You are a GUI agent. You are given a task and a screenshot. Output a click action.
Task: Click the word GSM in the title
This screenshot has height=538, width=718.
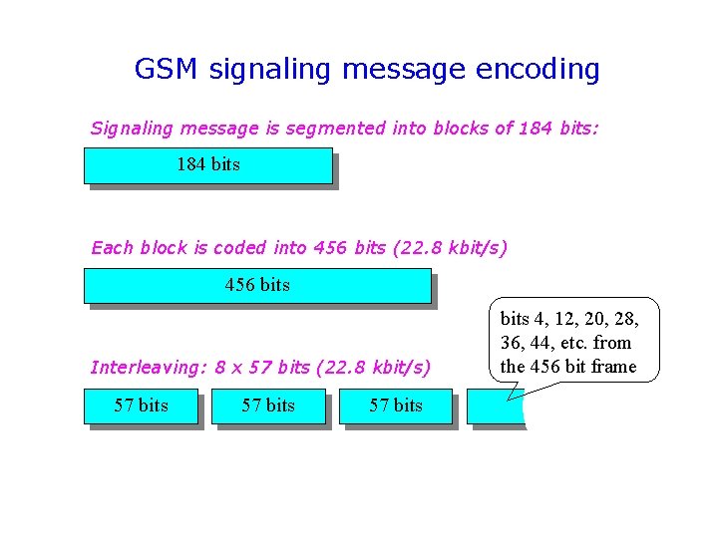tap(167, 69)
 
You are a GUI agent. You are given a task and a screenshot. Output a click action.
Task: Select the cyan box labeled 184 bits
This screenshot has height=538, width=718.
tap(207, 165)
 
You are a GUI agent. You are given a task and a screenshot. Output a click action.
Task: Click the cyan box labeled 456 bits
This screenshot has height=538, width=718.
tap(257, 285)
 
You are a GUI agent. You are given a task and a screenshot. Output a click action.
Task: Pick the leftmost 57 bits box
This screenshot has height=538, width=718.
tap(141, 406)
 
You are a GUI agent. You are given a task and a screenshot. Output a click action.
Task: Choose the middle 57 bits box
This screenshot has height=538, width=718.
tap(268, 406)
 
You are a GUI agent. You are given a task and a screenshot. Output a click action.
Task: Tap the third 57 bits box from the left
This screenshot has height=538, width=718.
tap(396, 406)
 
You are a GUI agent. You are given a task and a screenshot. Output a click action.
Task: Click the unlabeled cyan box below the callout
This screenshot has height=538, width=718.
tap(495, 408)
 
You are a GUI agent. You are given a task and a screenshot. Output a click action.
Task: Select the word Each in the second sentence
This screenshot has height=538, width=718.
tap(110, 248)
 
